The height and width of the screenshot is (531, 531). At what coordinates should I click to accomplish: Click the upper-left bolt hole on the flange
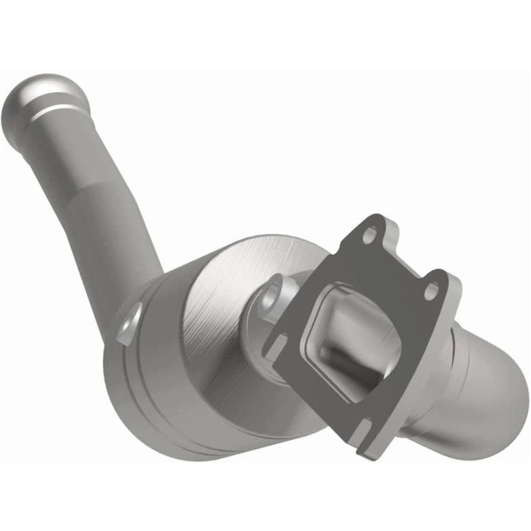click(x=368, y=235)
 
